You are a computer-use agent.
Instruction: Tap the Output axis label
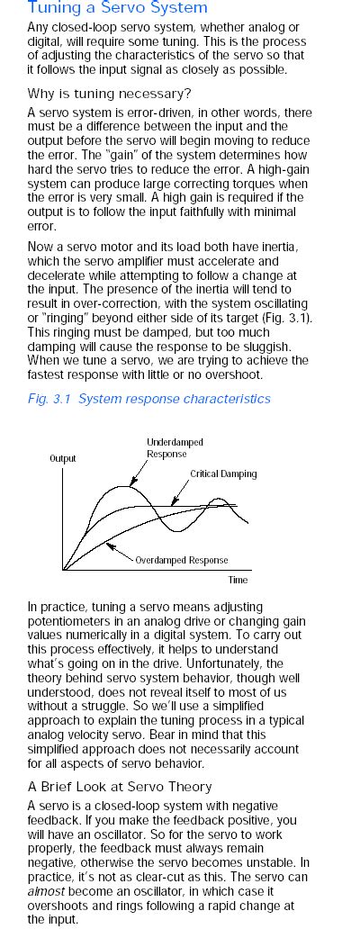point(63,458)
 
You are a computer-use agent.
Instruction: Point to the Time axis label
point(238,581)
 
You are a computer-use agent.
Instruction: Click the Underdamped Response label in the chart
point(175,447)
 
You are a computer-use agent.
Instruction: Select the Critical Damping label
point(223,474)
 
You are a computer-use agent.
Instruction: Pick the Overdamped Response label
point(182,560)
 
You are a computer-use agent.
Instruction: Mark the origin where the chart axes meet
point(63,570)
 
